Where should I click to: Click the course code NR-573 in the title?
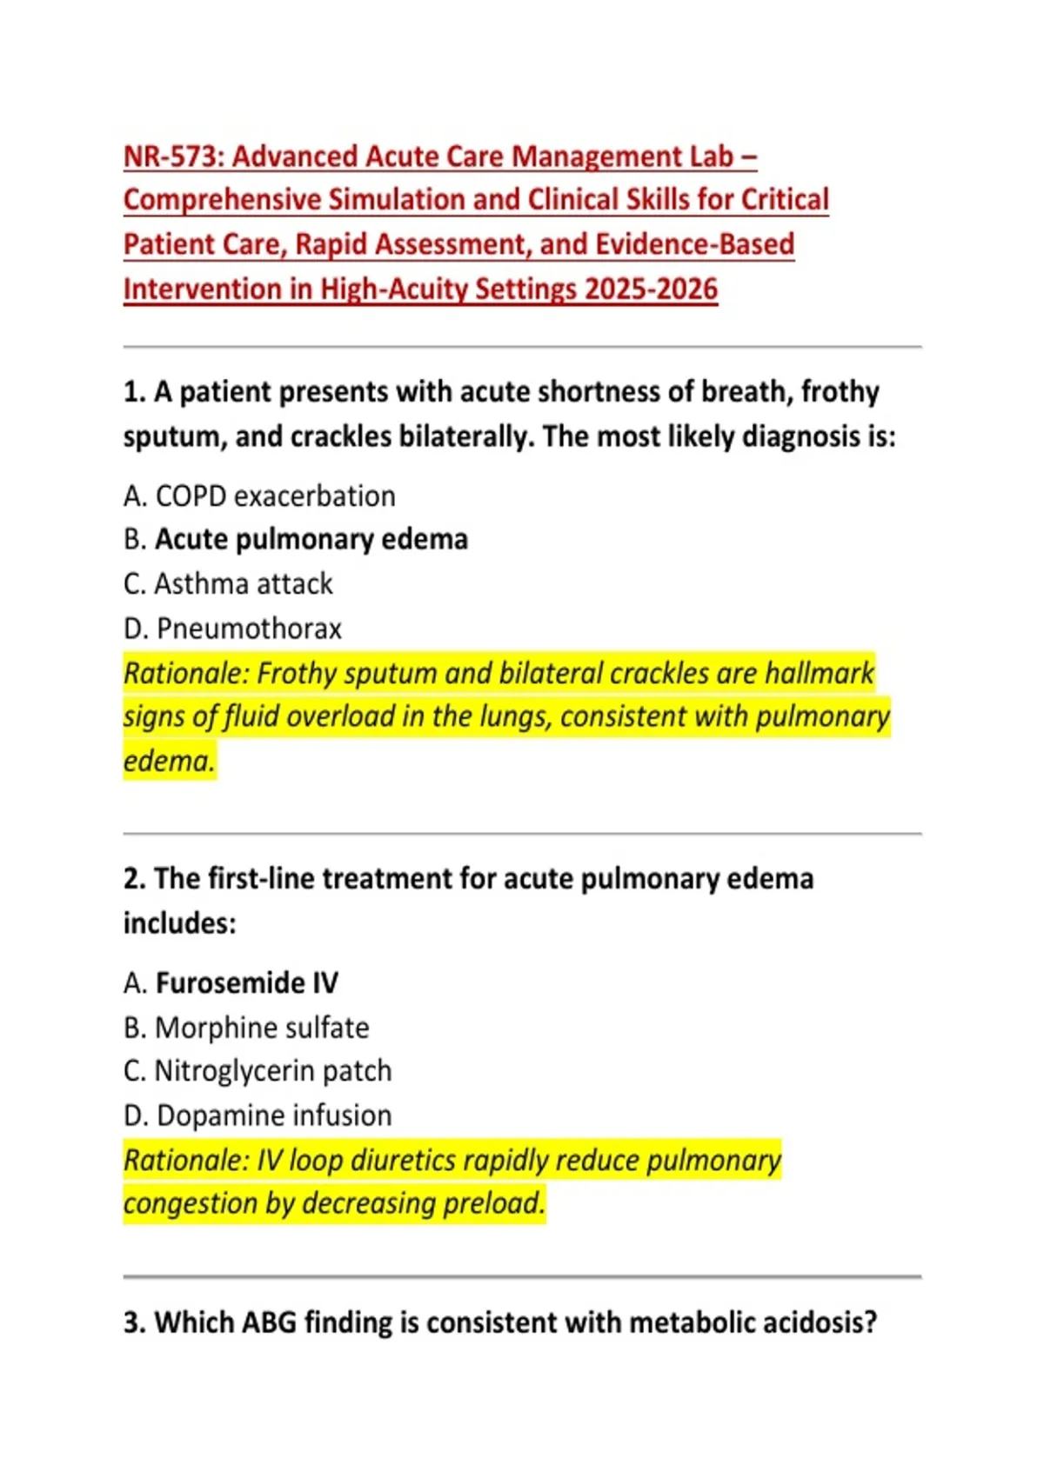[173, 156]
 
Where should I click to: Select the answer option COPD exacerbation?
[275, 496]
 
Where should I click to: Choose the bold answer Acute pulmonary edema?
[311, 540]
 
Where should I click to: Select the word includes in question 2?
[178, 923]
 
